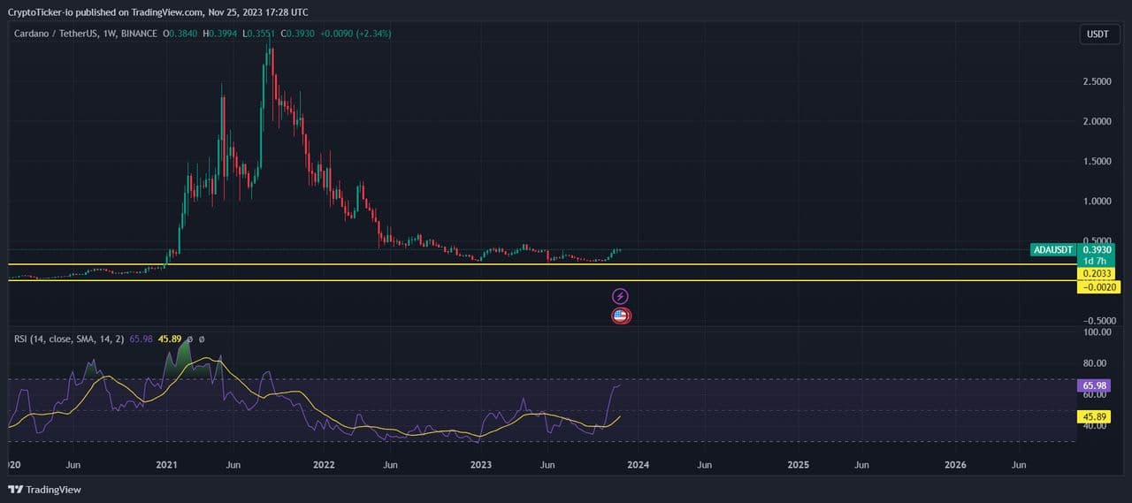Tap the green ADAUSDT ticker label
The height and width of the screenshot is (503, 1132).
pyautogui.click(x=1053, y=250)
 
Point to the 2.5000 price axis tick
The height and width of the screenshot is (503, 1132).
pyautogui.click(x=1098, y=81)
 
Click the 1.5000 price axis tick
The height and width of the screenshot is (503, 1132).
pyautogui.click(x=1098, y=161)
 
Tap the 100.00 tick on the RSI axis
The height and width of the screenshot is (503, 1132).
pyautogui.click(x=1096, y=332)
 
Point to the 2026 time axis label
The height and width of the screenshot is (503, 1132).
pyautogui.click(x=955, y=464)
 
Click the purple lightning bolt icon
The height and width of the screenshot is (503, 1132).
pyautogui.click(x=621, y=296)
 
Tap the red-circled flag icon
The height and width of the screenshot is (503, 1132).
pyautogui.click(x=621, y=316)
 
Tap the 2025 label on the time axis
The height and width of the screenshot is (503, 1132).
pyautogui.click(x=798, y=464)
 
